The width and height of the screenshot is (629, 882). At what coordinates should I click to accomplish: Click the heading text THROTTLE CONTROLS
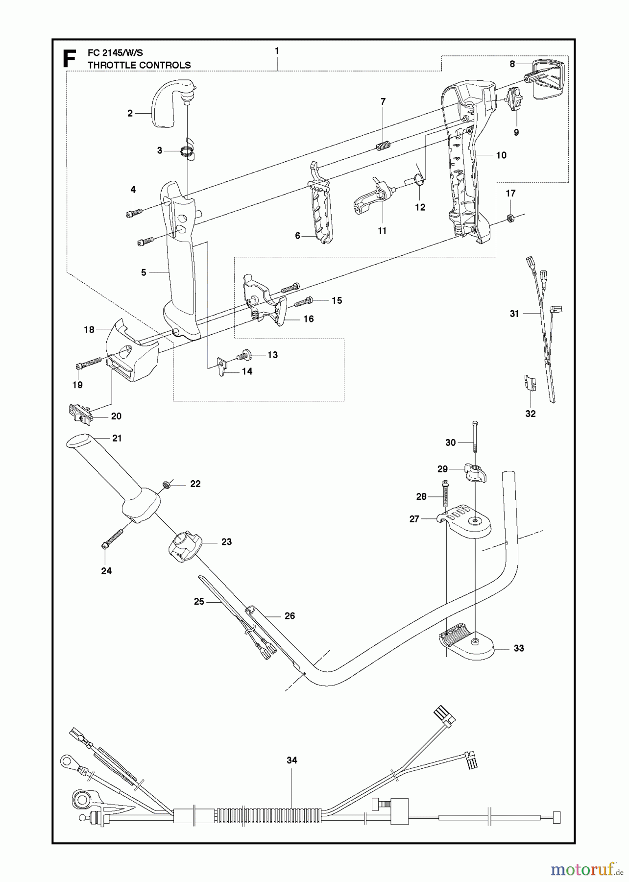click(139, 65)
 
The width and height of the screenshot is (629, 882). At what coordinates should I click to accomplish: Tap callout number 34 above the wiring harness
click(292, 760)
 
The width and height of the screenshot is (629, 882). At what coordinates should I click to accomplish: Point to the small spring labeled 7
click(385, 146)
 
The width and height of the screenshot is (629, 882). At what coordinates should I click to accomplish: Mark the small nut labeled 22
click(166, 485)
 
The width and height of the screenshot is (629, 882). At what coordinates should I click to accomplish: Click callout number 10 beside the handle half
click(501, 155)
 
